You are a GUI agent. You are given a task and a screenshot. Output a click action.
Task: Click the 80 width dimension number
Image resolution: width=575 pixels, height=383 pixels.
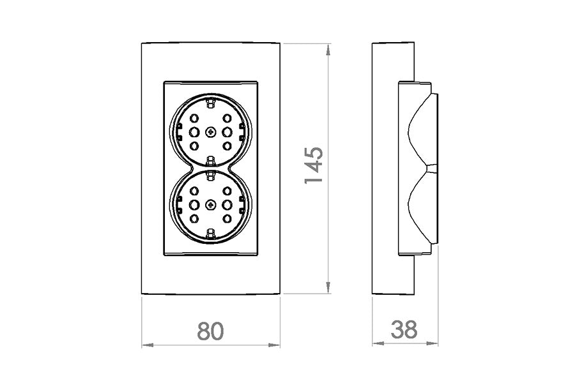pos(211,330)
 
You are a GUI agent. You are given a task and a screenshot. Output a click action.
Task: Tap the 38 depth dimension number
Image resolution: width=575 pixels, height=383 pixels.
pos(404,330)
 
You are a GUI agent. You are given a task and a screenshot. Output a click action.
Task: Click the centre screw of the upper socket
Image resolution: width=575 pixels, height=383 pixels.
pos(210,132)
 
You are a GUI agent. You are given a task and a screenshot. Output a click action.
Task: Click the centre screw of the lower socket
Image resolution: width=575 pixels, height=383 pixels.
pos(210,206)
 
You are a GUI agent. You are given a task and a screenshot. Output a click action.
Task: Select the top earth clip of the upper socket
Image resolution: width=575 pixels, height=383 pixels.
pos(210,100)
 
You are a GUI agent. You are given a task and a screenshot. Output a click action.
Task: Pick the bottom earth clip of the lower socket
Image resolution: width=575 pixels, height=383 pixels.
pos(210,237)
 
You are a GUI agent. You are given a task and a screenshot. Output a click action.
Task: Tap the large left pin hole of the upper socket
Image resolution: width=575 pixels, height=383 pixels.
pos(194,132)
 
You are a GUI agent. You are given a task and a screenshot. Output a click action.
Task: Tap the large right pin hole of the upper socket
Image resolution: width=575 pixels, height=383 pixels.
pos(227,132)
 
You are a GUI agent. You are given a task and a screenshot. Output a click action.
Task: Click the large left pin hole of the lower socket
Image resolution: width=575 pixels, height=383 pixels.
pos(194,206)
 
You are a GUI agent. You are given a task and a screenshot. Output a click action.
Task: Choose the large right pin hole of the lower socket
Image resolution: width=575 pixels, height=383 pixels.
pos(227,206)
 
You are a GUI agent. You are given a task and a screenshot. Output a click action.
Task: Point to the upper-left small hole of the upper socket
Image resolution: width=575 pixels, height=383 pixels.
pos(194,119)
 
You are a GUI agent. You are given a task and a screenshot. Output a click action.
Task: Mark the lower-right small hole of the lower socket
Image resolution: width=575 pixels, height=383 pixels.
pos(227,219)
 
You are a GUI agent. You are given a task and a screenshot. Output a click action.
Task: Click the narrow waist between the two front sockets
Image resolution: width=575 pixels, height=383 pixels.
pos(210,169)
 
